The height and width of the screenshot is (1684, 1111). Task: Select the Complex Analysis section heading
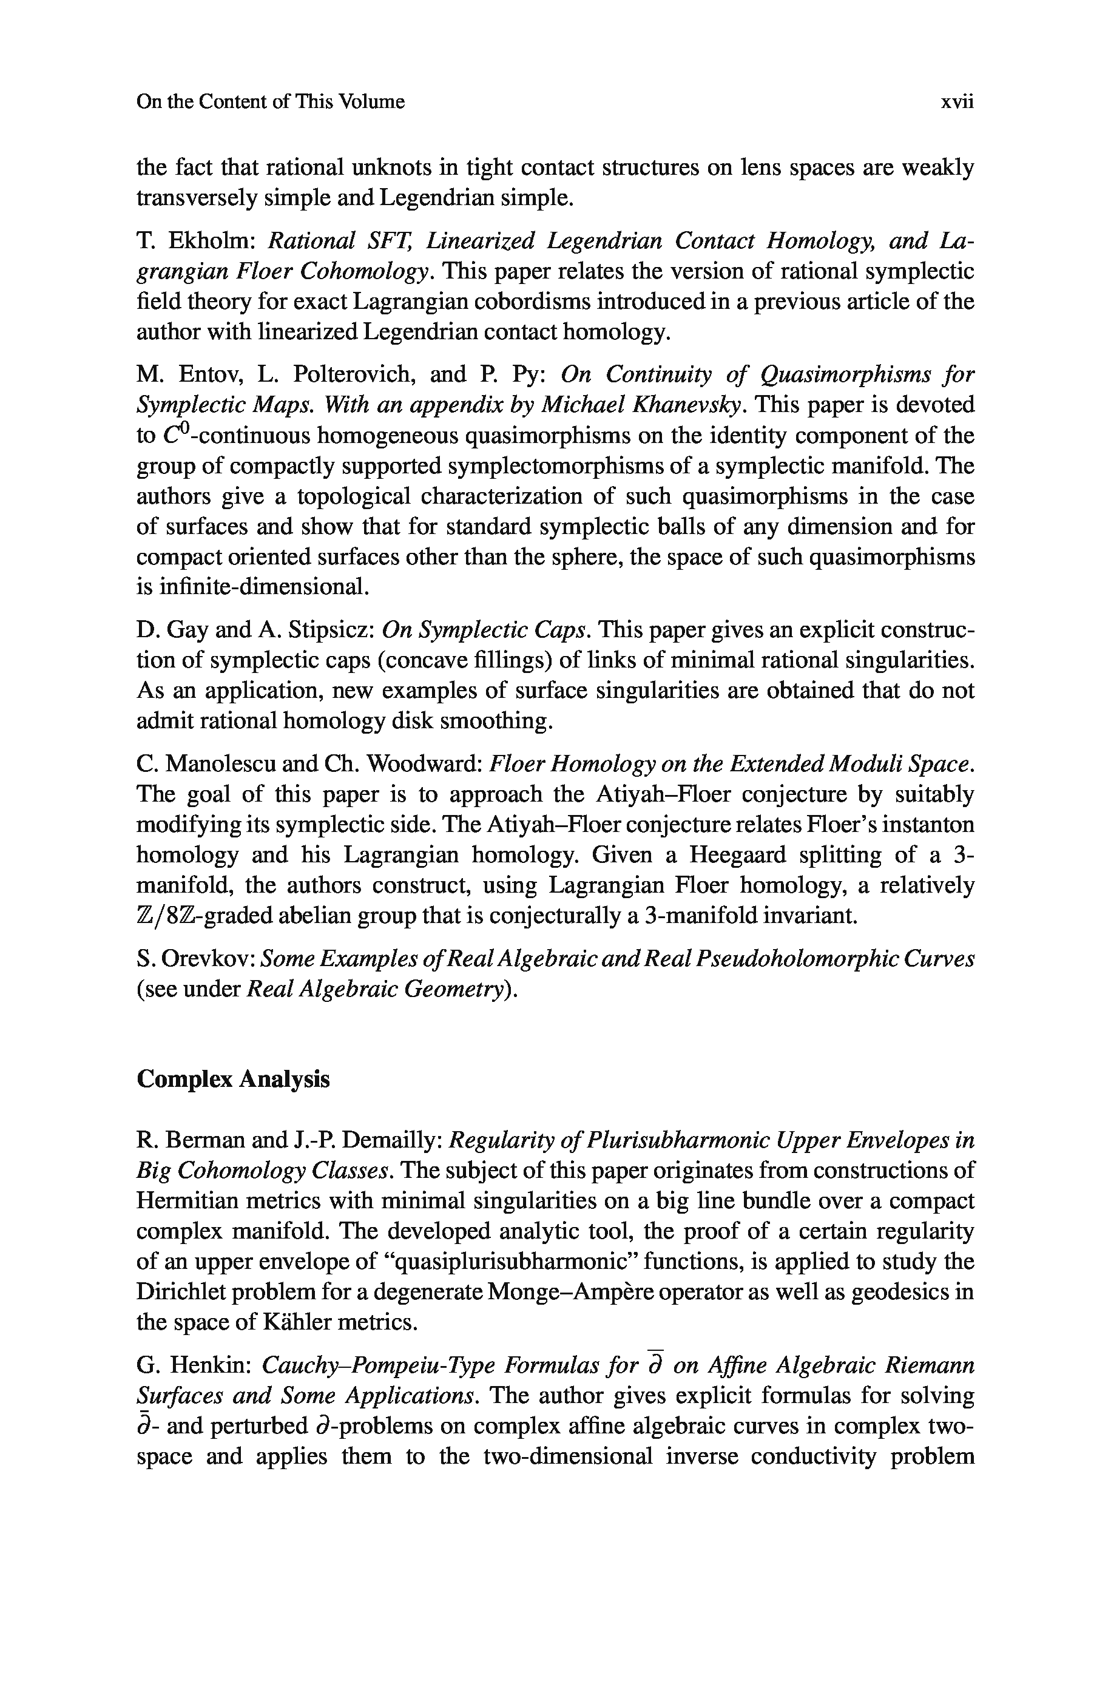point(233,1079)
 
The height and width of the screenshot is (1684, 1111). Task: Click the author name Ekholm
point(212,241)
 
